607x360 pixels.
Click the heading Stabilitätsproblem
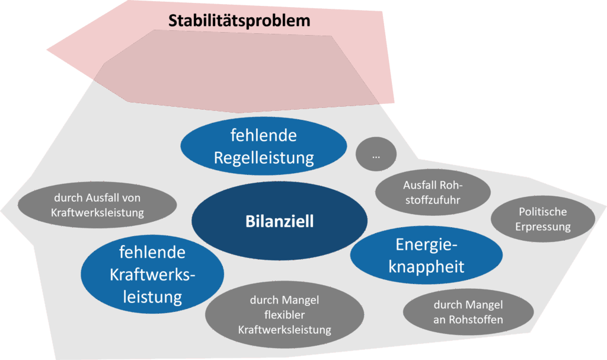(239, 21)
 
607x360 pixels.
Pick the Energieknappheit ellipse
(426, 255)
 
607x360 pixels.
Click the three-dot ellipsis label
(376, 156)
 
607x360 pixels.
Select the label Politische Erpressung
(542, 219)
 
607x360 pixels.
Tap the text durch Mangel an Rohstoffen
(468, 312)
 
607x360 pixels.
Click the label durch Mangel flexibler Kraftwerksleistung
(285, 315)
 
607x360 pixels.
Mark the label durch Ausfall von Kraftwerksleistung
(97, 205)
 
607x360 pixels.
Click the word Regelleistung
(264, 158)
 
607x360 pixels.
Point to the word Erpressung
(542, 227)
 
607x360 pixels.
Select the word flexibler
(285, 315)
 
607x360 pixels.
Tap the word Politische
(542, 212)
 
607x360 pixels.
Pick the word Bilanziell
(280, 222)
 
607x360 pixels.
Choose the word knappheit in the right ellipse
(426, 266)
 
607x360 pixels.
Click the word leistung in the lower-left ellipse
(152, 295)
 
